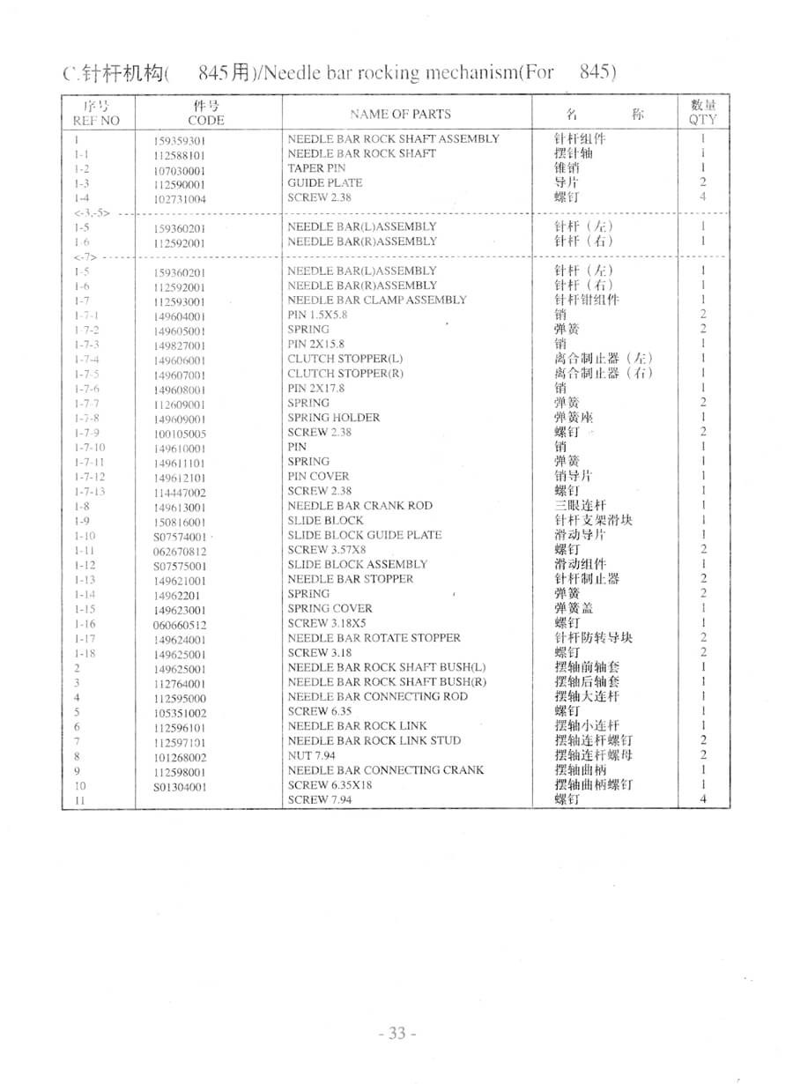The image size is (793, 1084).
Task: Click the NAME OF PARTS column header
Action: click(x=399, y=114)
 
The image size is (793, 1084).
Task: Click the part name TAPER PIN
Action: click(x=316, y=167)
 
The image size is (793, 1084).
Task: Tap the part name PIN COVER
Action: click(x=318, y=476)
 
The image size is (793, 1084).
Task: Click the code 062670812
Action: click(x=180, y=552)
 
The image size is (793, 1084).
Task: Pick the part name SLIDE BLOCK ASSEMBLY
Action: click(x=357, y=564)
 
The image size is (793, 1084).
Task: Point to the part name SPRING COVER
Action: click(x=330, y=608)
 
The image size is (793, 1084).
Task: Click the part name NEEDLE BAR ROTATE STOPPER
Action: click(x=374, y=637)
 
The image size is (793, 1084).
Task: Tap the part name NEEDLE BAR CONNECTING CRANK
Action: click(x=385, y=769)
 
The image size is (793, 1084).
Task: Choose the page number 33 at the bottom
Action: click(x=396, y=1033)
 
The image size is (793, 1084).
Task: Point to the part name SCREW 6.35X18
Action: click(x=325, y=784)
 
